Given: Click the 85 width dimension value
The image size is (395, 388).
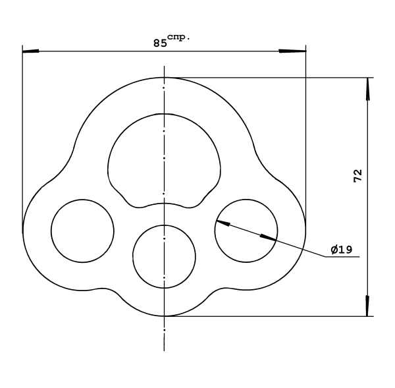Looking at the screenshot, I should click(159, 43).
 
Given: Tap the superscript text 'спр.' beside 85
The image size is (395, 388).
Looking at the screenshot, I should click(178, 37).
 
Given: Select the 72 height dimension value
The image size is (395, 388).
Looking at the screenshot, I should click(358, 175).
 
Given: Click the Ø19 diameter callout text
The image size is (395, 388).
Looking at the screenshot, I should click(342, 250).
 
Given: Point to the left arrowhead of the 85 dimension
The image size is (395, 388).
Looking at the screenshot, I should click(30, 51).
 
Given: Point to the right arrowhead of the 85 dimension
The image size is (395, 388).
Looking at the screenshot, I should click(298, 51).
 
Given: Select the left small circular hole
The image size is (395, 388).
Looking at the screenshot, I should click(82, 230).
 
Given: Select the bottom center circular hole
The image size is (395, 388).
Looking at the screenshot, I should click(164, 256).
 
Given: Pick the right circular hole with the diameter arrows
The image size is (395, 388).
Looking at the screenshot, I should click(246, 230).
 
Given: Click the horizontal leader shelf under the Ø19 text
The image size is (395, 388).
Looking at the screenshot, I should click(342, 258).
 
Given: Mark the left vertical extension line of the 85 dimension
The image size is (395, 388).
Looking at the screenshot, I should click(22, 132).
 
